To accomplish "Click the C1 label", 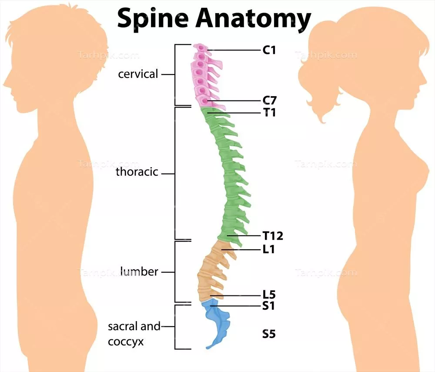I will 269,50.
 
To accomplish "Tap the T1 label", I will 269,113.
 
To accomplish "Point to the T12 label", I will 273,236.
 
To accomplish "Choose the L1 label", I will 269,250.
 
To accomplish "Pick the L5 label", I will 269,295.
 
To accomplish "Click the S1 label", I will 269,306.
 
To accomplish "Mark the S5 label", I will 269,334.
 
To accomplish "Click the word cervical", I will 138,74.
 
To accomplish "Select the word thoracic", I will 137,172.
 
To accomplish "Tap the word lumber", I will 139,272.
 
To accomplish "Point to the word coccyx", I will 126,342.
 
